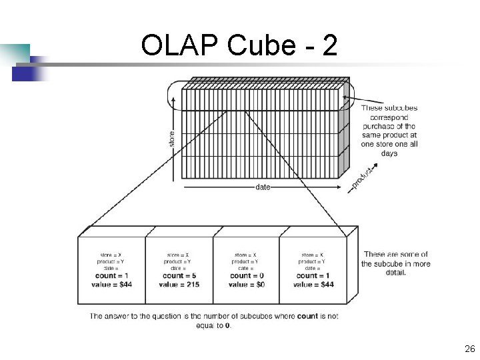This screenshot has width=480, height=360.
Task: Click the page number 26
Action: [469, 349]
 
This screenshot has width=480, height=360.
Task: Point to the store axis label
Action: [171, 139]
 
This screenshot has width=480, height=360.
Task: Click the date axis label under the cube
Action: [263, 187]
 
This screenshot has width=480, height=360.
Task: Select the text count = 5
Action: [179, 275]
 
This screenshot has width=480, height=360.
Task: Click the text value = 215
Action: [179, 285]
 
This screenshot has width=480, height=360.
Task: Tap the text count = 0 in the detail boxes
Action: [246, 275]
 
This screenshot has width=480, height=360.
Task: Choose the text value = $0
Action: [246, 285]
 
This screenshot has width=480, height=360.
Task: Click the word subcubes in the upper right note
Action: [399, 107]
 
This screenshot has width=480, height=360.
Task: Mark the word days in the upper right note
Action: [389, 153]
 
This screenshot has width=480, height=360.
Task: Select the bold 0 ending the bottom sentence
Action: [228, 325]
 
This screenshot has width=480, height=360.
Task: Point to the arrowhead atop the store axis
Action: [172, 97]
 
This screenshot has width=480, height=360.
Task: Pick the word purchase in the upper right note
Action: [377, 126]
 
